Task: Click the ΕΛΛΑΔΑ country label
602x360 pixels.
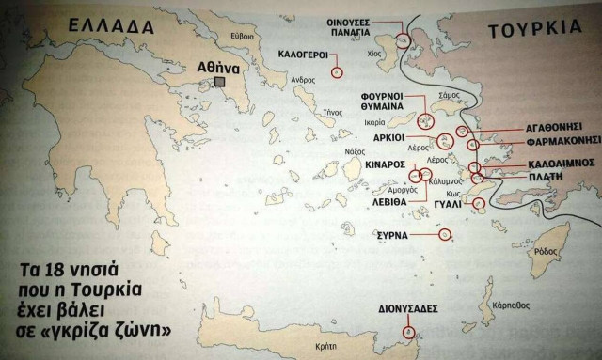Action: coord(103,31)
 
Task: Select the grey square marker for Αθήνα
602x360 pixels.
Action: coord(219,84)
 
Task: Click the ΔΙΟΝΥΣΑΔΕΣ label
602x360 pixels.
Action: coord(407,308)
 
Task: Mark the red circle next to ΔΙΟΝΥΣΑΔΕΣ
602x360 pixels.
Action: coord(407,331)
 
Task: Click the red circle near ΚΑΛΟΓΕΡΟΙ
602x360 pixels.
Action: coord(337,70)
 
